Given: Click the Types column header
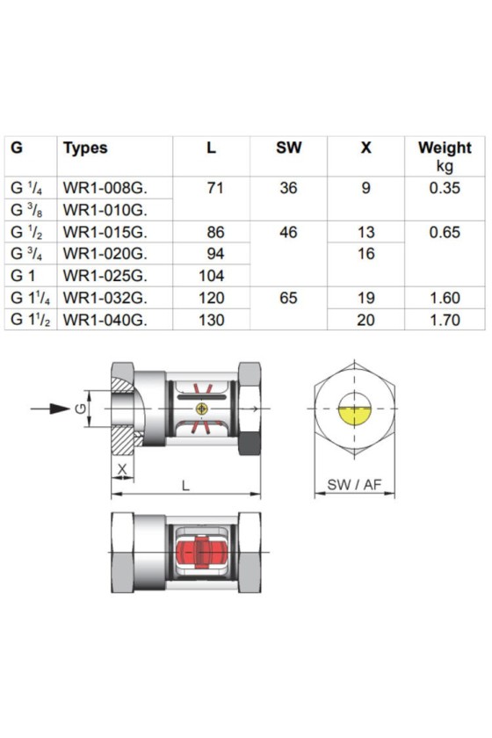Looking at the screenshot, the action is pos(85,148).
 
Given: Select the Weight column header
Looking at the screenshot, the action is pos(445,148).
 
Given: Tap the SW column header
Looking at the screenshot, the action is pos(288,148).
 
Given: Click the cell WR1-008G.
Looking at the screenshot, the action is pos(105,188).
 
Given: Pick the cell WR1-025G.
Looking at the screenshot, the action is pos(105,276).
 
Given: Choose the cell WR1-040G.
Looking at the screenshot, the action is pos(105,320).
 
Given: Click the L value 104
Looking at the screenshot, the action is pos(212,276).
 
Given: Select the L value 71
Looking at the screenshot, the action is pos(215,188).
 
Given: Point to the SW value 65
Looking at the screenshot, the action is pos(288,298).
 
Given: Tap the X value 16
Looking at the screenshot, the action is pos(365,254).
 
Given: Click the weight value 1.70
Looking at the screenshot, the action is pos(445,320).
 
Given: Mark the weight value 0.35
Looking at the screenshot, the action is pos(445,188).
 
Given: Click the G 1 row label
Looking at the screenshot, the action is pos(23,276).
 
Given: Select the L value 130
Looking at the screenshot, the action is pos(212,320).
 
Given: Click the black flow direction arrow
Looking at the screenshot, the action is pos(50,409).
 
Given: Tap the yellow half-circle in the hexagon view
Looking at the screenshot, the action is pos(355,415).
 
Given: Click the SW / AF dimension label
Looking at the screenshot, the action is pos(354,484).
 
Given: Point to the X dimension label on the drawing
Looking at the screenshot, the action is pos(122,469).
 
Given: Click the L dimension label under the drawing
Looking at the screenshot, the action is pos(185,485).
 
